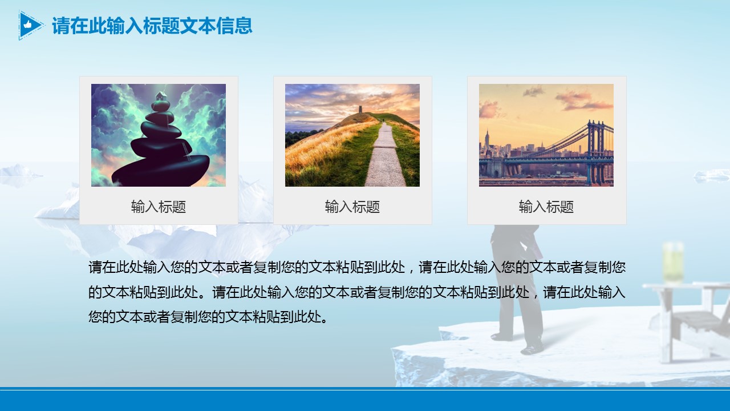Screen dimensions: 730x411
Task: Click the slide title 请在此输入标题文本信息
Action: pos(152,26)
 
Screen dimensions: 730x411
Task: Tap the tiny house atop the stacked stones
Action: pos(161,96)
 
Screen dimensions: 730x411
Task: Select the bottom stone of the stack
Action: pos(161,170)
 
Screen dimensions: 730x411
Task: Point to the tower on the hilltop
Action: pos(361,109)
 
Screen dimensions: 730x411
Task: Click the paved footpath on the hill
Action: pos(384,156)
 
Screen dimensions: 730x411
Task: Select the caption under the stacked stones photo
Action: pos(159,207)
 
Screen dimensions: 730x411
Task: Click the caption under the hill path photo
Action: pos(352,207)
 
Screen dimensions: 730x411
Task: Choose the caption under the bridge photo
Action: pos(546,207)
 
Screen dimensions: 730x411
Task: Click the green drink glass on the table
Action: pos(673,263)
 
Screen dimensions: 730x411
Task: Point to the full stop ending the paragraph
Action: pos(325,319)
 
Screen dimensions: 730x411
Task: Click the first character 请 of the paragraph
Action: pos(95,267)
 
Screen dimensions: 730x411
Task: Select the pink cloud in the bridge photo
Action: pos(583,100)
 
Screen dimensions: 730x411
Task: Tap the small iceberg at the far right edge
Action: pos(712,176)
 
